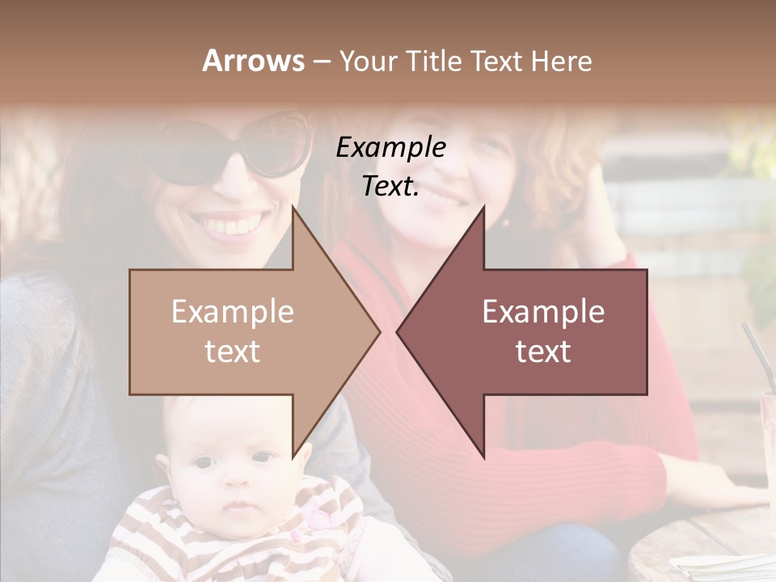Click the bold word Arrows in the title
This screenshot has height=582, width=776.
point(253,61)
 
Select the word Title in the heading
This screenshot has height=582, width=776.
point(433,61)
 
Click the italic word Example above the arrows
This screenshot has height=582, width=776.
point(390,147)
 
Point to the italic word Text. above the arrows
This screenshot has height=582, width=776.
point(390,186)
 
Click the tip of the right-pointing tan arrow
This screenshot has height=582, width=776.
point(378,331)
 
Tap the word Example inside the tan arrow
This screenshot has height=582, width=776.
point(233,312)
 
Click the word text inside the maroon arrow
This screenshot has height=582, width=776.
point(543,351)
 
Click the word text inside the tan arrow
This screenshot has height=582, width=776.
point(233,351)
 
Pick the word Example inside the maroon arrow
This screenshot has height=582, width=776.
point(543,312)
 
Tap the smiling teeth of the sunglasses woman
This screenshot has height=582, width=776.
point(235,224)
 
